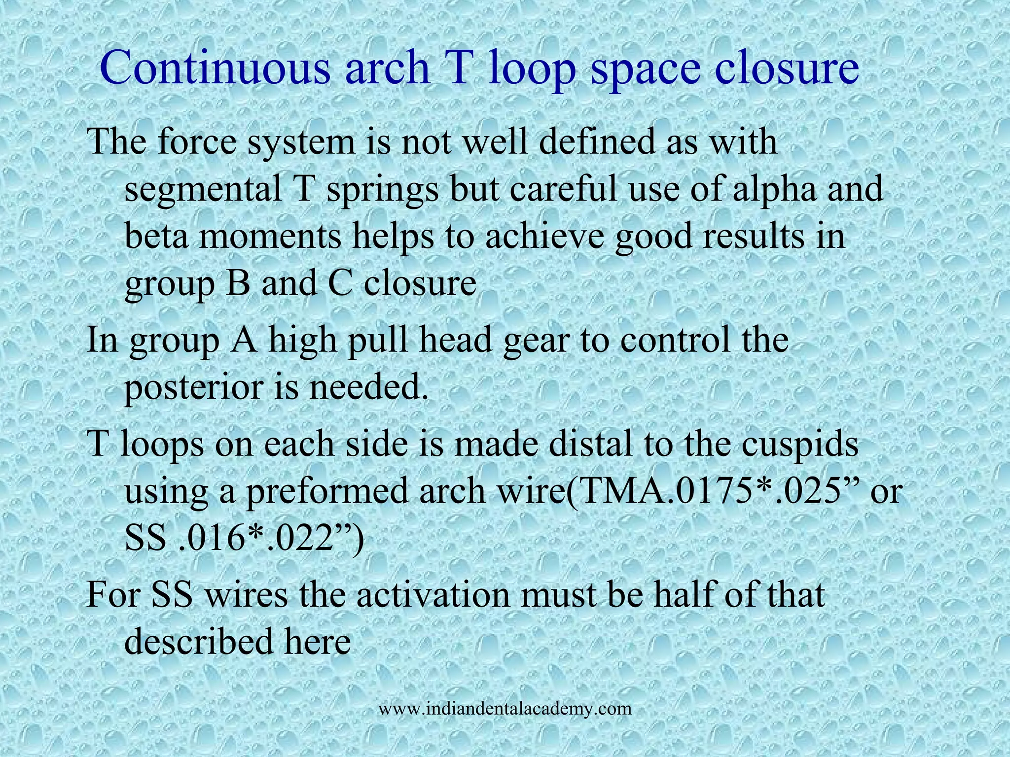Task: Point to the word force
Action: tap(199, 141)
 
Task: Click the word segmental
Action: tap(203, 190)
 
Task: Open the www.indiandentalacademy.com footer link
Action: tap(505, 709)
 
